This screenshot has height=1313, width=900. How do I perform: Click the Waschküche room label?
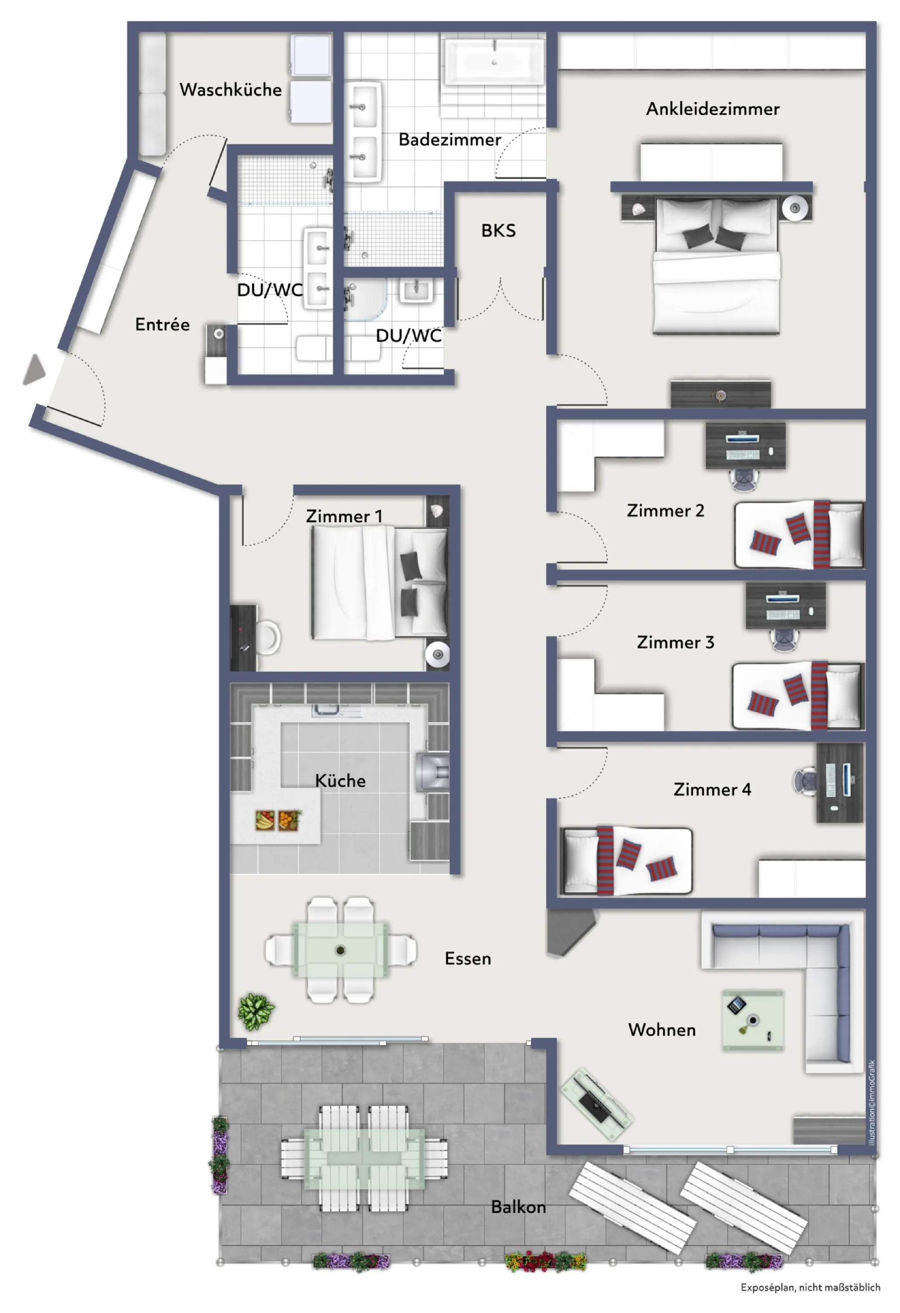230,89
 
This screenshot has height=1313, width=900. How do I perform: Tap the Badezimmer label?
450,140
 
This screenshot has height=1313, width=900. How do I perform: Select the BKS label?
498,231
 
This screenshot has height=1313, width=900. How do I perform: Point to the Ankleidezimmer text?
712,109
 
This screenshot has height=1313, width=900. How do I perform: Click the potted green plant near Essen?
256,1012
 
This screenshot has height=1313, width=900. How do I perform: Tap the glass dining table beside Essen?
341,950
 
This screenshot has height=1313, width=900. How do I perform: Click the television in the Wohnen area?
596,1101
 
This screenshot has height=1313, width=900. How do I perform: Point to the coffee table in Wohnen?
753,1020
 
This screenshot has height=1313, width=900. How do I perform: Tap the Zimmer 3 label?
675,642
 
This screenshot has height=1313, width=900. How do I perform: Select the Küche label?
340,781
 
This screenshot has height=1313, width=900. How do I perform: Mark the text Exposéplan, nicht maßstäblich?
810,1288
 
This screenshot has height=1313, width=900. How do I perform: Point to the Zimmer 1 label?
344,516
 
